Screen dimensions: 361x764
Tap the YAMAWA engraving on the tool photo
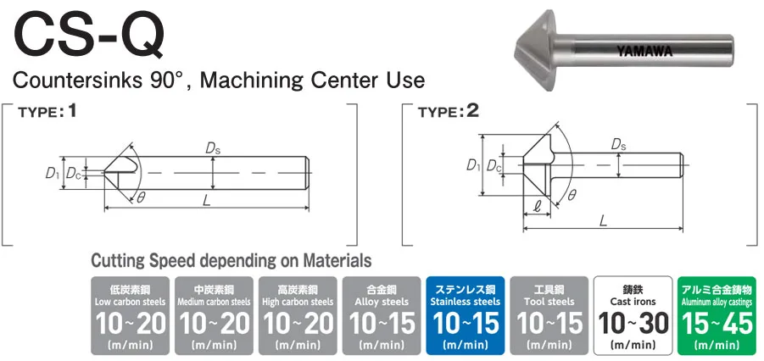pos(644,51)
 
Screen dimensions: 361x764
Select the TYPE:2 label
pos(449,111)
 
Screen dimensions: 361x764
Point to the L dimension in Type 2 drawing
pos(603,220)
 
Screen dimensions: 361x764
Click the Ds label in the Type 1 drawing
pos(213,149)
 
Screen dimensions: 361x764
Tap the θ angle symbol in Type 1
pos(141,197)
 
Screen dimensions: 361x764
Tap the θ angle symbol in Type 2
pos(572,195)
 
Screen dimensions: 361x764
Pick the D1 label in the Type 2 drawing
pos(473,165)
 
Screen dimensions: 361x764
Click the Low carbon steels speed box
pos(130,314)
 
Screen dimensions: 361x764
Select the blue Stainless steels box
pos(466,314)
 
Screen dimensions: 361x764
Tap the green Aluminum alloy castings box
pos(717,314)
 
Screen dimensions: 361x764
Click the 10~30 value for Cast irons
pos(633,323)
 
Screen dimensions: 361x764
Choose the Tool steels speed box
pos(549,314)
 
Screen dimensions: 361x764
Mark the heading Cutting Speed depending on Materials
pos(231,260)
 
